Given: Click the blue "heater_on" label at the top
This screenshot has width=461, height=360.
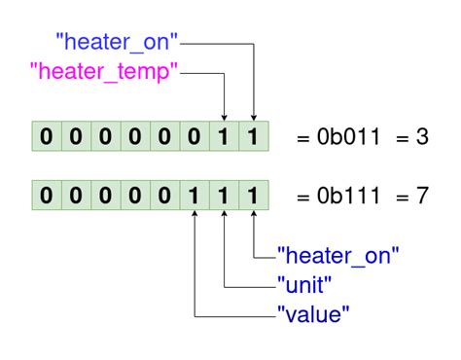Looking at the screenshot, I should tap(118, 42).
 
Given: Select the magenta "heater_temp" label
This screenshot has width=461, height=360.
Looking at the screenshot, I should tap(105, 71).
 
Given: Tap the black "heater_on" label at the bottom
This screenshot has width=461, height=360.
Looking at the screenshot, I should tap(338, 256).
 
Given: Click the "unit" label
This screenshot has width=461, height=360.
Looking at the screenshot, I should tap(306, 285).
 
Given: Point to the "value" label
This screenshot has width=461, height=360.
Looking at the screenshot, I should tap(313, 314).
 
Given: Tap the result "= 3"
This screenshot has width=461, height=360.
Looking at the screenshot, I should tap(410, 138).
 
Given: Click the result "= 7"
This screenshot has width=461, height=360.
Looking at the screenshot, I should tap(410, 196).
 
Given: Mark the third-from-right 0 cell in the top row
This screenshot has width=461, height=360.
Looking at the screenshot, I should tap(134, 137).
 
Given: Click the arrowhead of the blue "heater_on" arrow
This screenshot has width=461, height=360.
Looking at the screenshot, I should tap(253, 117).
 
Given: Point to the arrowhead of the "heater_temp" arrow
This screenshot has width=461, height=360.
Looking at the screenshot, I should tap(224, 117).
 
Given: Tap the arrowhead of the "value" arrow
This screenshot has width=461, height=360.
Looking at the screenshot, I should tap(195, 217).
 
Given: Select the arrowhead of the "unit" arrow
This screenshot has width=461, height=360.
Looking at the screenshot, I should tap(224, 217).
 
